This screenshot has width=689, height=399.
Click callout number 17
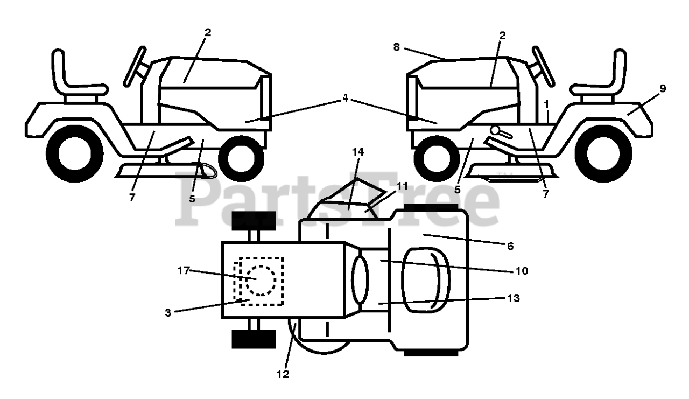coord(184,270)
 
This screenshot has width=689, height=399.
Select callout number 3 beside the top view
coord(168,313)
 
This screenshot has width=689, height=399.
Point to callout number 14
coord(357,152)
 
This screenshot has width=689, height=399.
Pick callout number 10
coord(521,270)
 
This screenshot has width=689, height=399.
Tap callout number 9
coord(662,89)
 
